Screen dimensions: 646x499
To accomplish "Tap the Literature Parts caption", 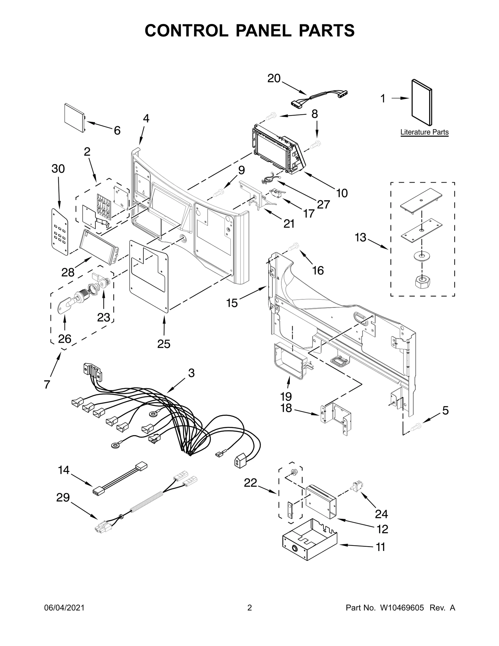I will pos(424,132).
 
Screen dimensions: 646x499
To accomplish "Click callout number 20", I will pos(274,78).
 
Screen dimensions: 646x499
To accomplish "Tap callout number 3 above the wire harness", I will pos(191,373).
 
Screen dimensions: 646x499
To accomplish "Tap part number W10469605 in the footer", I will pos(402,616).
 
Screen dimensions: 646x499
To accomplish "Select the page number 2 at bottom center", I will pos(249,616).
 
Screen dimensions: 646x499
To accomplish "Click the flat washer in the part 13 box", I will pos(421,256).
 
